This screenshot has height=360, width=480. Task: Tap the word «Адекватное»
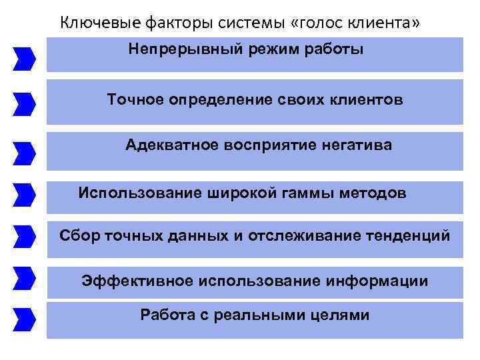point(167,145)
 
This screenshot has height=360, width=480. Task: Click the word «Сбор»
point(77,236)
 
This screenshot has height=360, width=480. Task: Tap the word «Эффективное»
point(136,281)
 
